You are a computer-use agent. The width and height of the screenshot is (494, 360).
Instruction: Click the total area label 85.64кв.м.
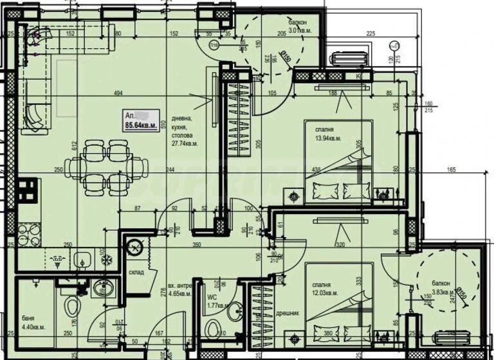pos(141,127)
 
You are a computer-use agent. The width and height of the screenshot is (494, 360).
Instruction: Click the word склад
pos(136,272)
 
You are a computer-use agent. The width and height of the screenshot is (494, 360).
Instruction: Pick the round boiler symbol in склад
pos(135,246)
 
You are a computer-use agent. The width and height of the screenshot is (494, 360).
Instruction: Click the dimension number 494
pos(118,93)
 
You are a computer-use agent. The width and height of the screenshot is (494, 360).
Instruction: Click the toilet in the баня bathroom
pos(72,303)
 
